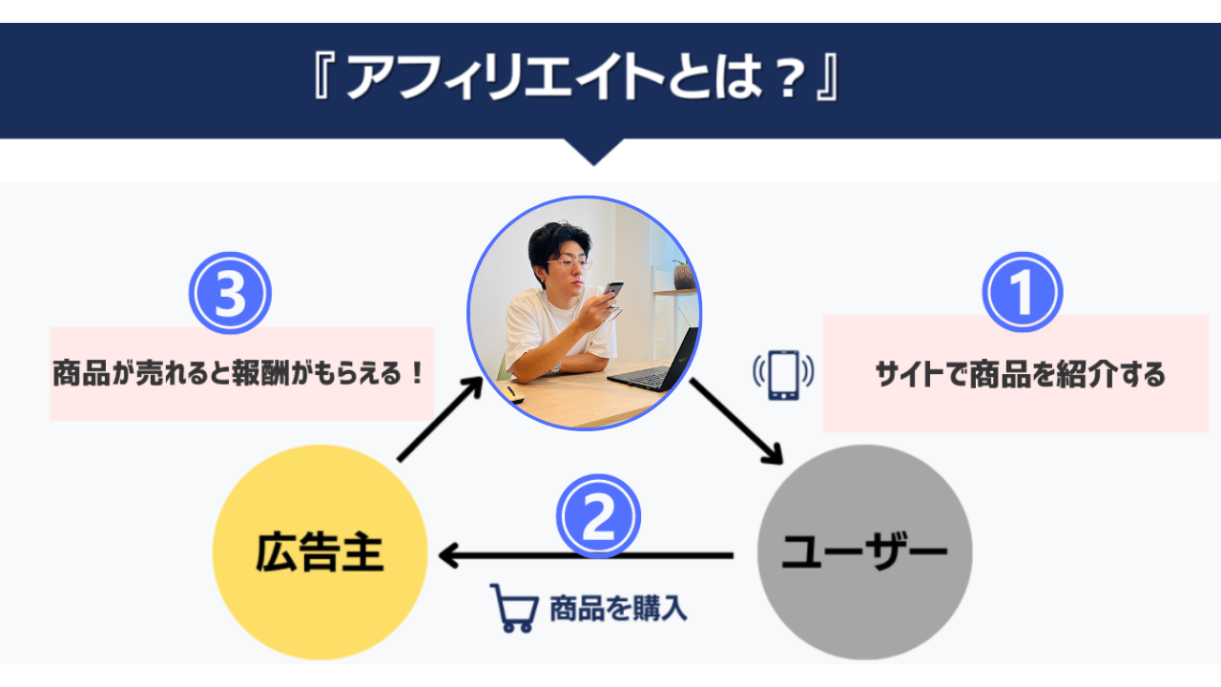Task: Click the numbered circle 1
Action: coord(1023,292)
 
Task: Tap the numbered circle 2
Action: coord(598,516)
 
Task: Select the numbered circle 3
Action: coord(230,293)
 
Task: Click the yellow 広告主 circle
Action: coord(320,552)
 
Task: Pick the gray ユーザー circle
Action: coord(865,552)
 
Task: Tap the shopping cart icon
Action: coord(514,608)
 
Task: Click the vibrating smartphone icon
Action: coord(783,375)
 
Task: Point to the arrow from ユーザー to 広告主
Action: coord(586,556)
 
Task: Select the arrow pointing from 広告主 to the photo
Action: coord(441,419)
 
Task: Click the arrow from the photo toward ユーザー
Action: coord(736,421)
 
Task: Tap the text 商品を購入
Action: coord(618,609)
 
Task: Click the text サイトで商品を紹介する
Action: coord(1020,375)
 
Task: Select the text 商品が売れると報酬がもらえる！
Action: coord(238,373)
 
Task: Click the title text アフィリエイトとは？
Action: coord(577,77)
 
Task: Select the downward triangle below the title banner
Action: coord(594,152)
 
